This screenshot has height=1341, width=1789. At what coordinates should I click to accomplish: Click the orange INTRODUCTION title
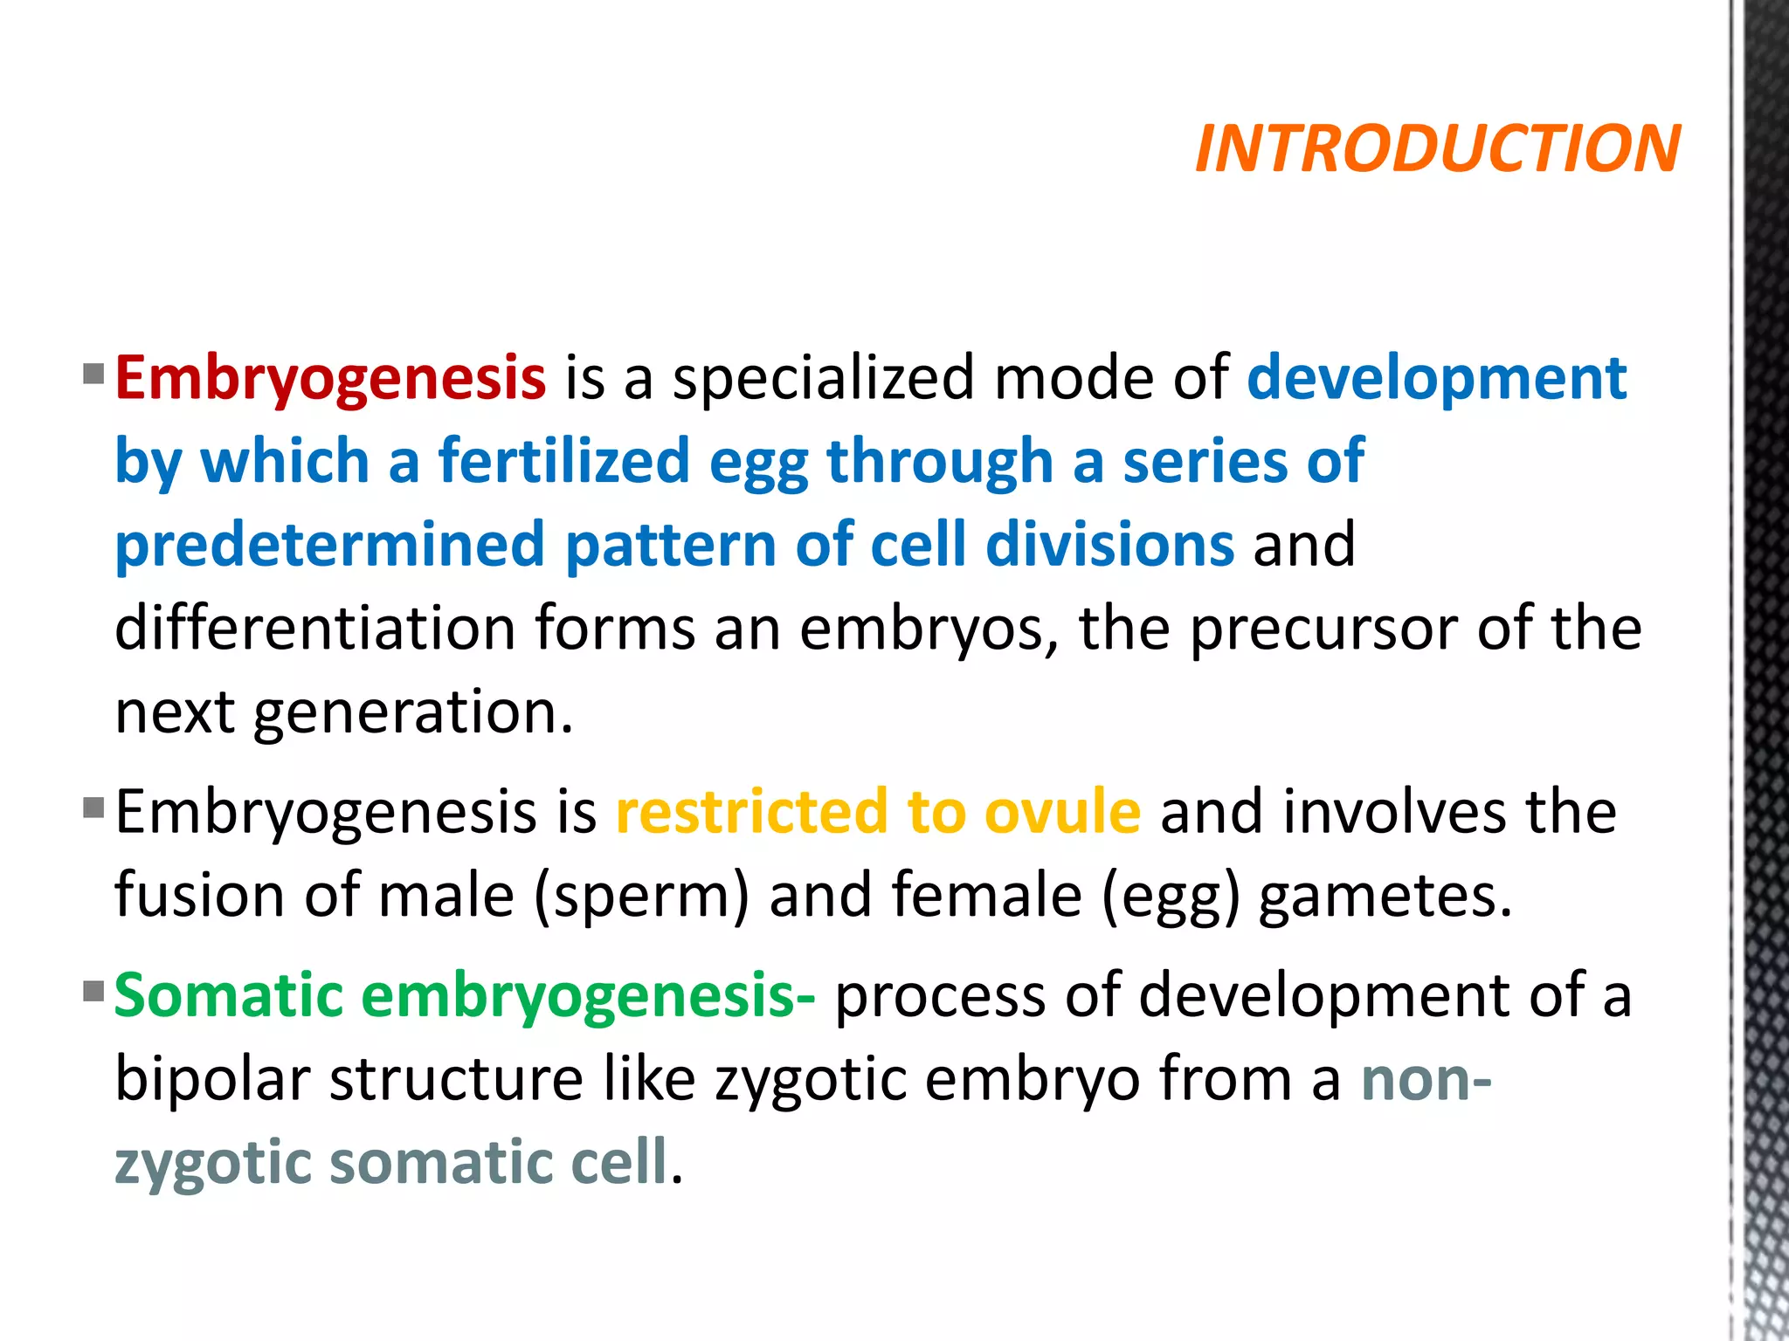[1437, 148]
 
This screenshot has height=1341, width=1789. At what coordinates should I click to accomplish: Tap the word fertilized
[564, 461]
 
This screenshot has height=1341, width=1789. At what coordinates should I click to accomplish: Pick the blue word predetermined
[330, 545]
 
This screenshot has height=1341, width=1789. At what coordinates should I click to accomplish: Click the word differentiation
[315, 629]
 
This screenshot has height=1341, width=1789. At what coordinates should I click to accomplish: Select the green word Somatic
[229, 995]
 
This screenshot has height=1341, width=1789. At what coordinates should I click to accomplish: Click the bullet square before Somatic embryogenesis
[93, 991]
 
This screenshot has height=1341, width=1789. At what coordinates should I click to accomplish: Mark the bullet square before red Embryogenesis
[93, 375]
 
